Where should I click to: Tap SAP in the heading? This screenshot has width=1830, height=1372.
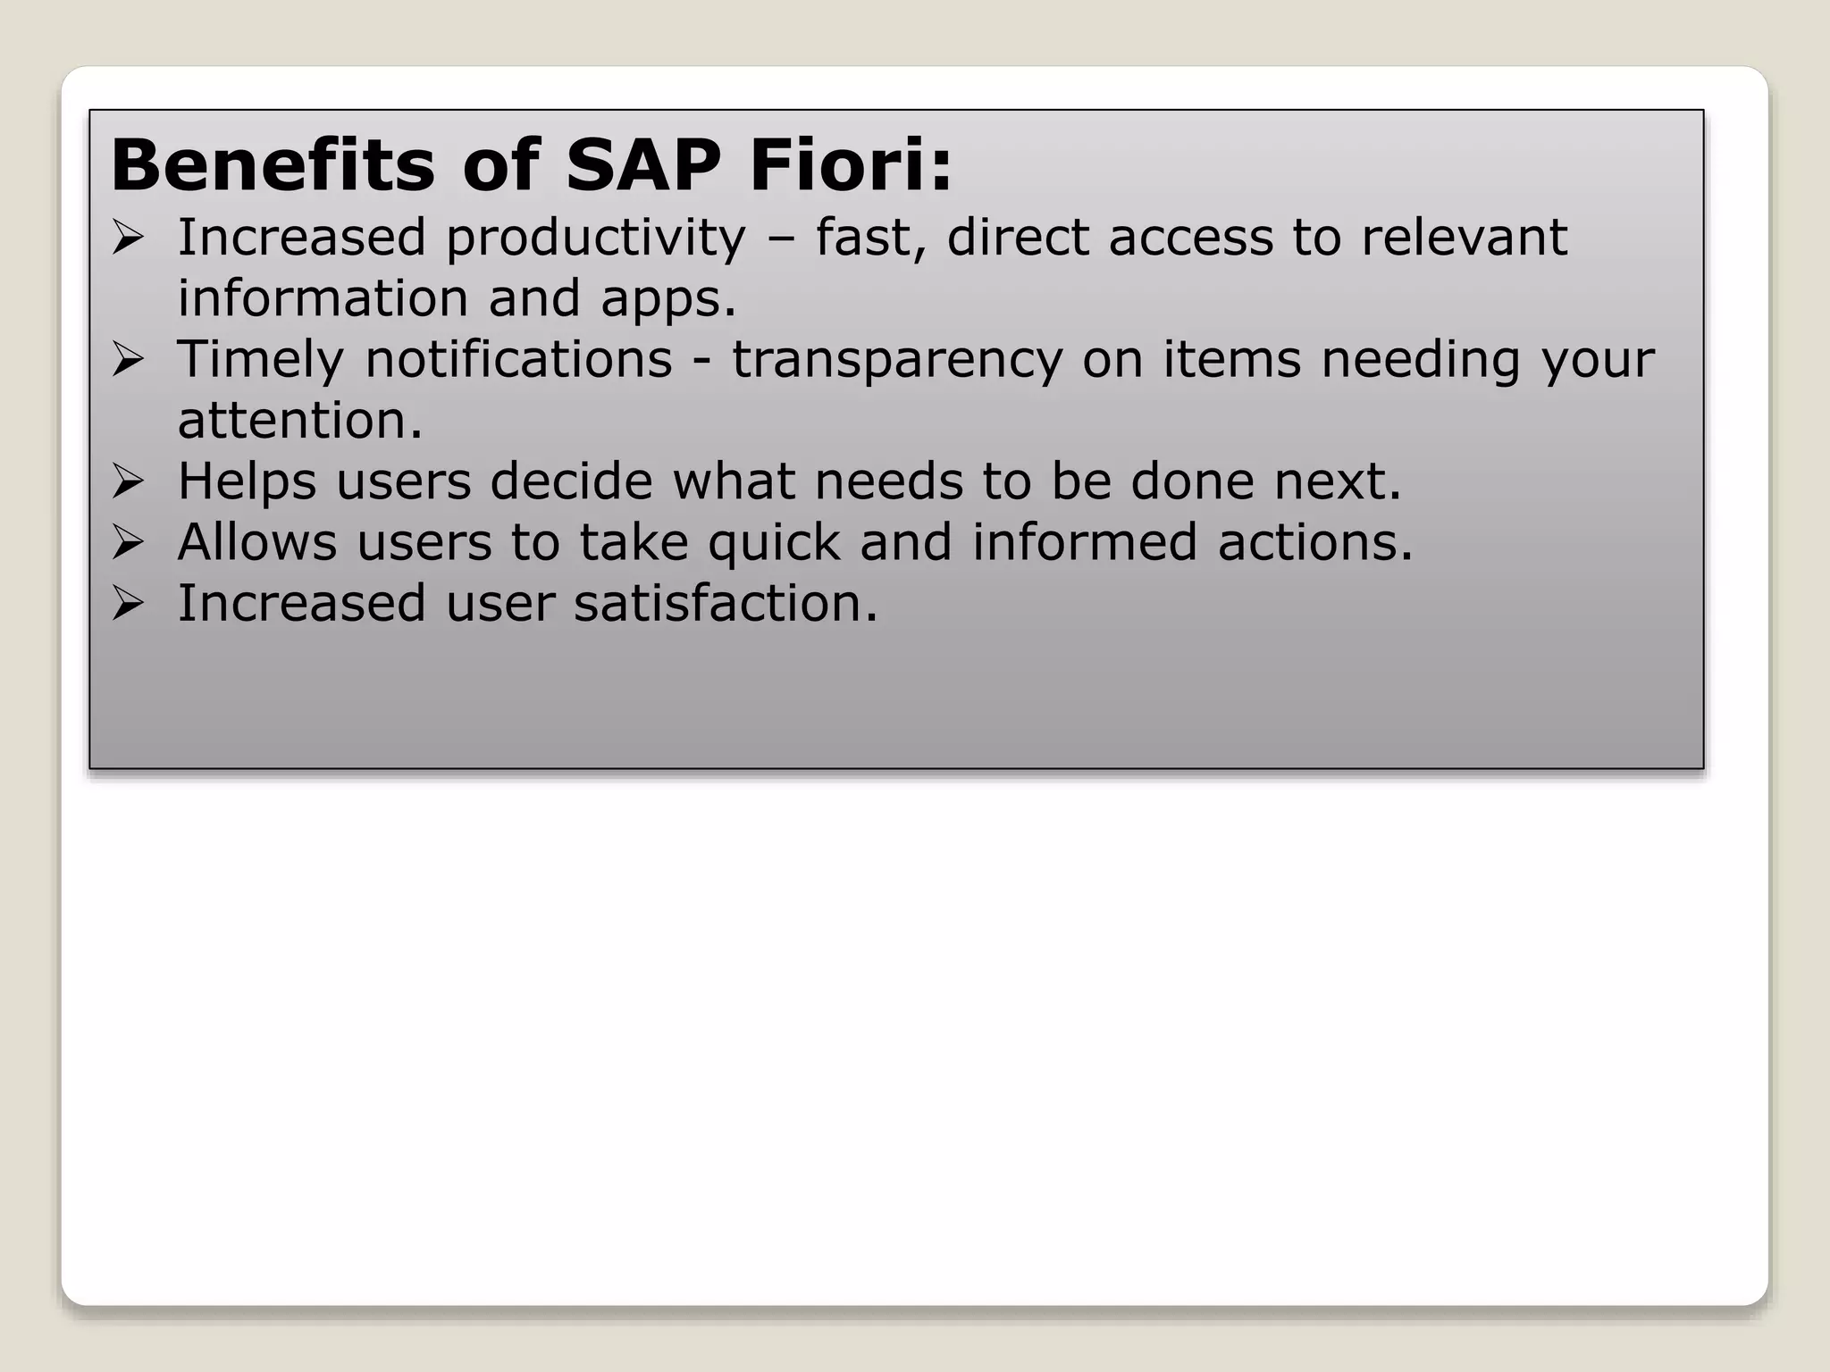click(x=643, y=166)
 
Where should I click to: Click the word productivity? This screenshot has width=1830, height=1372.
click(x=595, y=239)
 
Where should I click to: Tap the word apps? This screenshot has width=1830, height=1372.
click(x=667, y=300)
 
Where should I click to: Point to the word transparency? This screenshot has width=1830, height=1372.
click(x=897, y=361)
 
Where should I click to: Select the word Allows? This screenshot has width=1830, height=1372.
click(x=257, y=542)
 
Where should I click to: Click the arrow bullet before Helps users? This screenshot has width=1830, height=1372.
click(x=128, y=482)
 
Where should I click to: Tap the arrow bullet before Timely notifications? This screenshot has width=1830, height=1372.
click(x=128, y=361)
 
